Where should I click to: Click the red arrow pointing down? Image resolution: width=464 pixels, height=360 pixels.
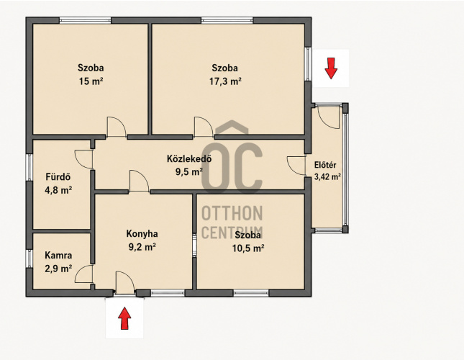(331, 68)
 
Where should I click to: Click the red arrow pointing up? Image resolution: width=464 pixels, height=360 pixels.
(124, 318)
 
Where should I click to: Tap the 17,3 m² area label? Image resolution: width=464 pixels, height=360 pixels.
(225, 81)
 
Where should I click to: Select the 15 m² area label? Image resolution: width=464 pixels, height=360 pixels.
(91, 81)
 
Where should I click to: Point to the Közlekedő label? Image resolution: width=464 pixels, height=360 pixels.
(189, 158)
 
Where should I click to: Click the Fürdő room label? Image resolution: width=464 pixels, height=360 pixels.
(58, 177)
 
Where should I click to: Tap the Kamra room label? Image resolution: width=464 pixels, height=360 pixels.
(58, 255)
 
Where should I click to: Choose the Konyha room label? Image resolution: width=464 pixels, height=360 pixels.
(142, 234)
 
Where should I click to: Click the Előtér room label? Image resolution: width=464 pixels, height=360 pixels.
(325, 165)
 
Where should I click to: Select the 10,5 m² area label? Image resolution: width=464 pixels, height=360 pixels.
(248, 248)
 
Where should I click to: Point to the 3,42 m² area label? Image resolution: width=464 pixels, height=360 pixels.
(327, 177)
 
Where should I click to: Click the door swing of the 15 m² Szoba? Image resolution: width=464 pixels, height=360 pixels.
(117, 127)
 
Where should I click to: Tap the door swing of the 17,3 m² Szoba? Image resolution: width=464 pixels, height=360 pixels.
(204, 127)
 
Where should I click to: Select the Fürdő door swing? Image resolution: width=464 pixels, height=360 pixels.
(84, 159)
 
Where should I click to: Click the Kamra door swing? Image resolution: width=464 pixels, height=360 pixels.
(84, 274)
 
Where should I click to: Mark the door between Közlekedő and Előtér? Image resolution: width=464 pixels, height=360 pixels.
(296, 165)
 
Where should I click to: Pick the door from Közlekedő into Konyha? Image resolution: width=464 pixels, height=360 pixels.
(139, 181)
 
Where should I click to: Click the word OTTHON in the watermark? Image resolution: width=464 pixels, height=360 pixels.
(232, 213)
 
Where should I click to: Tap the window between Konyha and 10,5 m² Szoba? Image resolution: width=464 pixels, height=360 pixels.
(194, 245)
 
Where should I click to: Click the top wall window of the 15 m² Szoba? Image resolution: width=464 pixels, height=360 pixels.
(85, 20)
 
